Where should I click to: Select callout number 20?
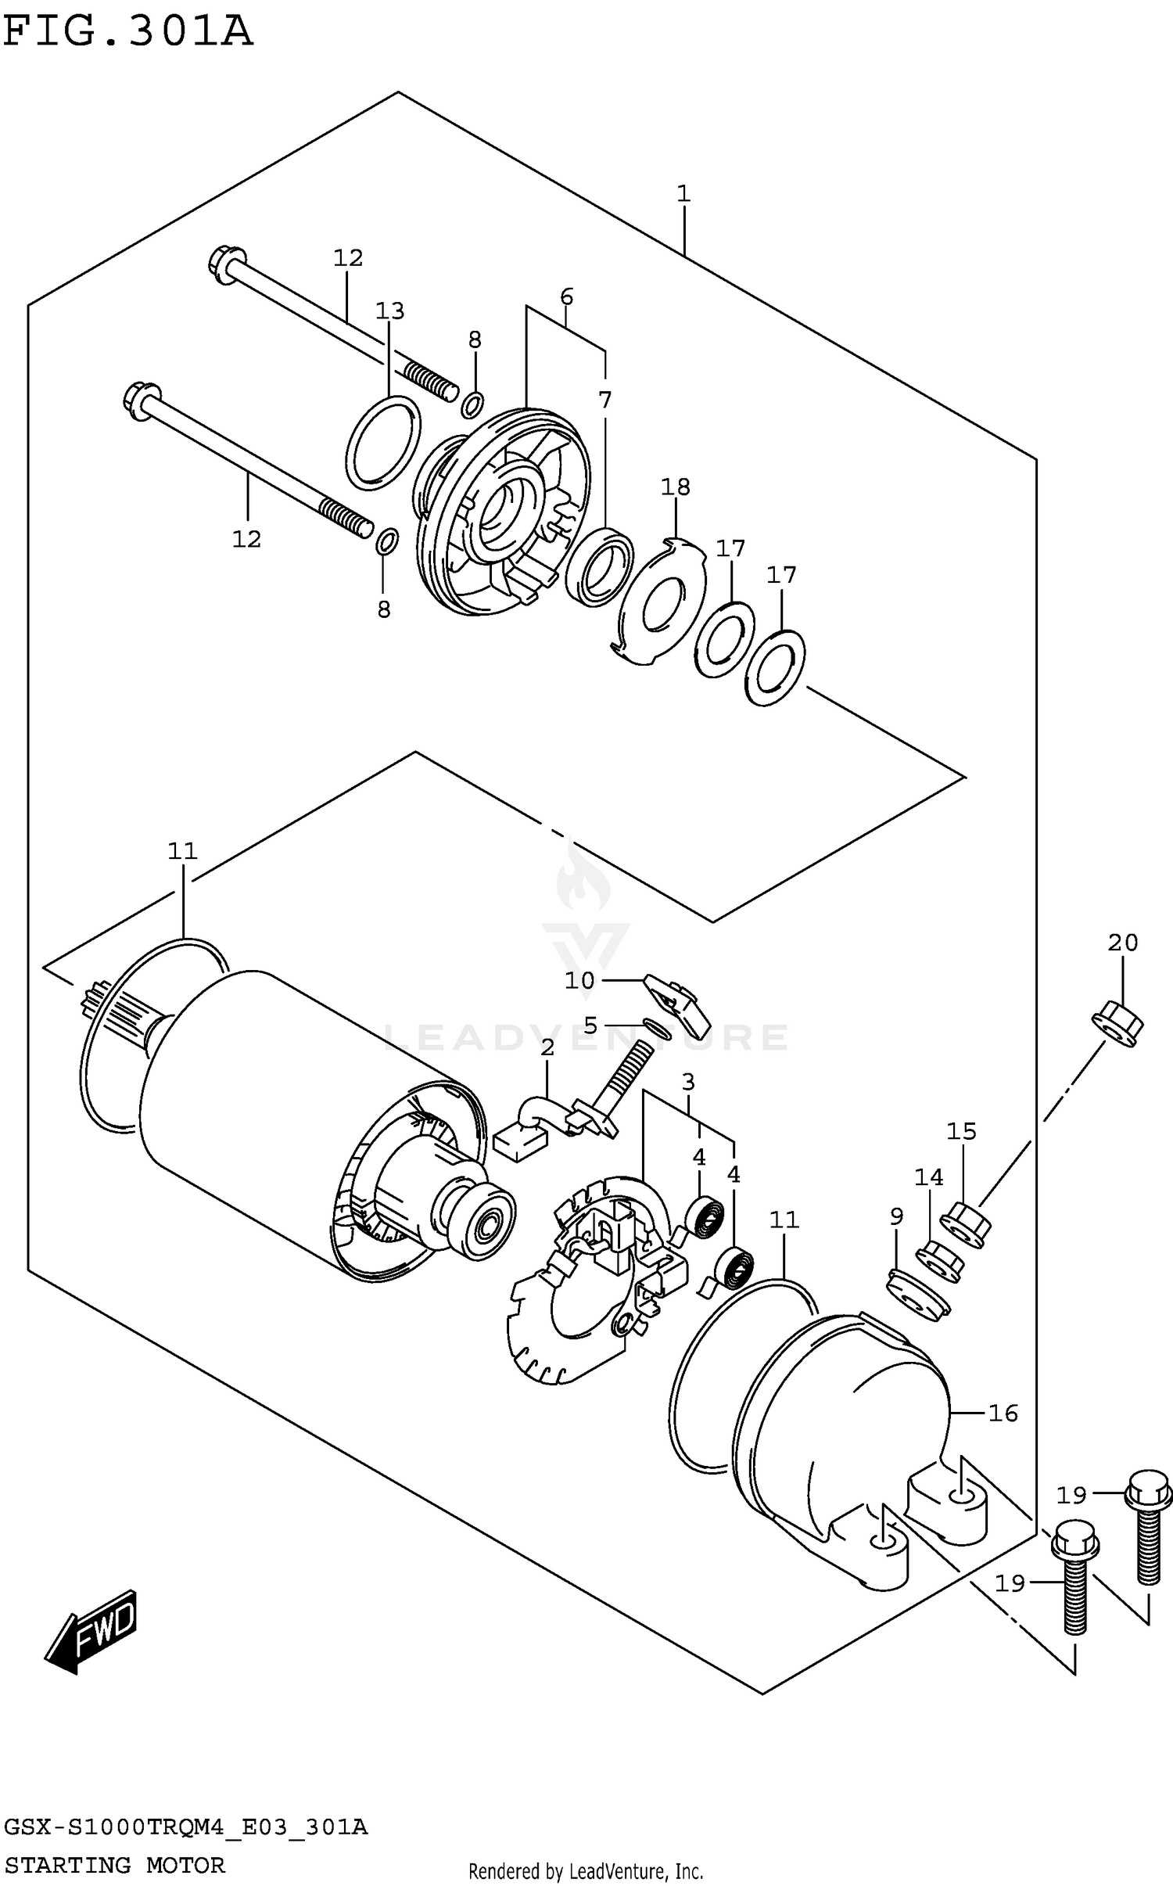point(1123,943)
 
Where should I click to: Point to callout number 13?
point(389,311)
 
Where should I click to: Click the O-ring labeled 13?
point(383,443)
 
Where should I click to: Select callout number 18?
point(676,487)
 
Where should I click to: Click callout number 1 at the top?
point(683,194)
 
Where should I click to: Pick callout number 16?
point(1003,1414)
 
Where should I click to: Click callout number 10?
point(579,980)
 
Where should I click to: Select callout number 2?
point(547,1048)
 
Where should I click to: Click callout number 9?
point(896,1216)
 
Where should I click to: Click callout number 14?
point(929,1177)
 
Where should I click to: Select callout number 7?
point(604,400)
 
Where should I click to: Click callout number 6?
point(567,297)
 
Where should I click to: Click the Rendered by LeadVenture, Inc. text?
point(586,1872)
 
